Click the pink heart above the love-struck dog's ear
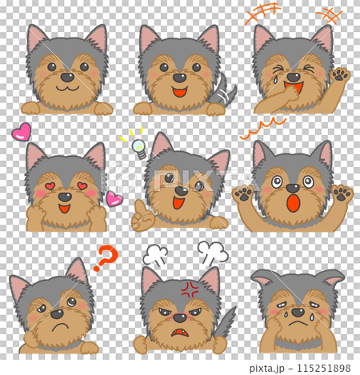22,132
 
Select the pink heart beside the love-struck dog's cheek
114,199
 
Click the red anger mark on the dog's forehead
190,289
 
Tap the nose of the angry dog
180,317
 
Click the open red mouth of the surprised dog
294,203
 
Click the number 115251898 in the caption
324,368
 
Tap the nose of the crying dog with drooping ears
298,312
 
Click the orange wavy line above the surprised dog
262,129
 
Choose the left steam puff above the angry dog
155,255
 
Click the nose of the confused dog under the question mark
57,314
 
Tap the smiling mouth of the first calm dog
67,88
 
